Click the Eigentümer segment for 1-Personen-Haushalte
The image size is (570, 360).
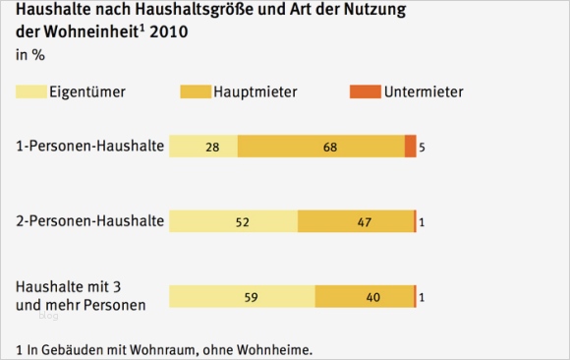pyautogui.click(x=203, y=147)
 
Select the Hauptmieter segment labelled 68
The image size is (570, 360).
pyautogui.click(x=320, y=147)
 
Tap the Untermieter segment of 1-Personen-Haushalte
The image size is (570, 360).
pyautogui.click(x=410, y=147)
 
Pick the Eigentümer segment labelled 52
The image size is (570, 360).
pyautogui.click(x=233, y=221)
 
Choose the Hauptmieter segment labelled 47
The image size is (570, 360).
pyautogui.click(x=355, y=221)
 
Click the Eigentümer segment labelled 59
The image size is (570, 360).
pyautogui.click(x=242, y=296)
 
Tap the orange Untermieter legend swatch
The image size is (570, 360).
pyautogui.click(x=367, y=92)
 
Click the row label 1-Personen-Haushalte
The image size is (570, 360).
pyautogui.click(x=88, y=147)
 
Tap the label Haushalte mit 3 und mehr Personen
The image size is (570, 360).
pyautogui.click(x=82, y=295)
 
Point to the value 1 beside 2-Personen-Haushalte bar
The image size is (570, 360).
pyautogui.click(x=422, y=222)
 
